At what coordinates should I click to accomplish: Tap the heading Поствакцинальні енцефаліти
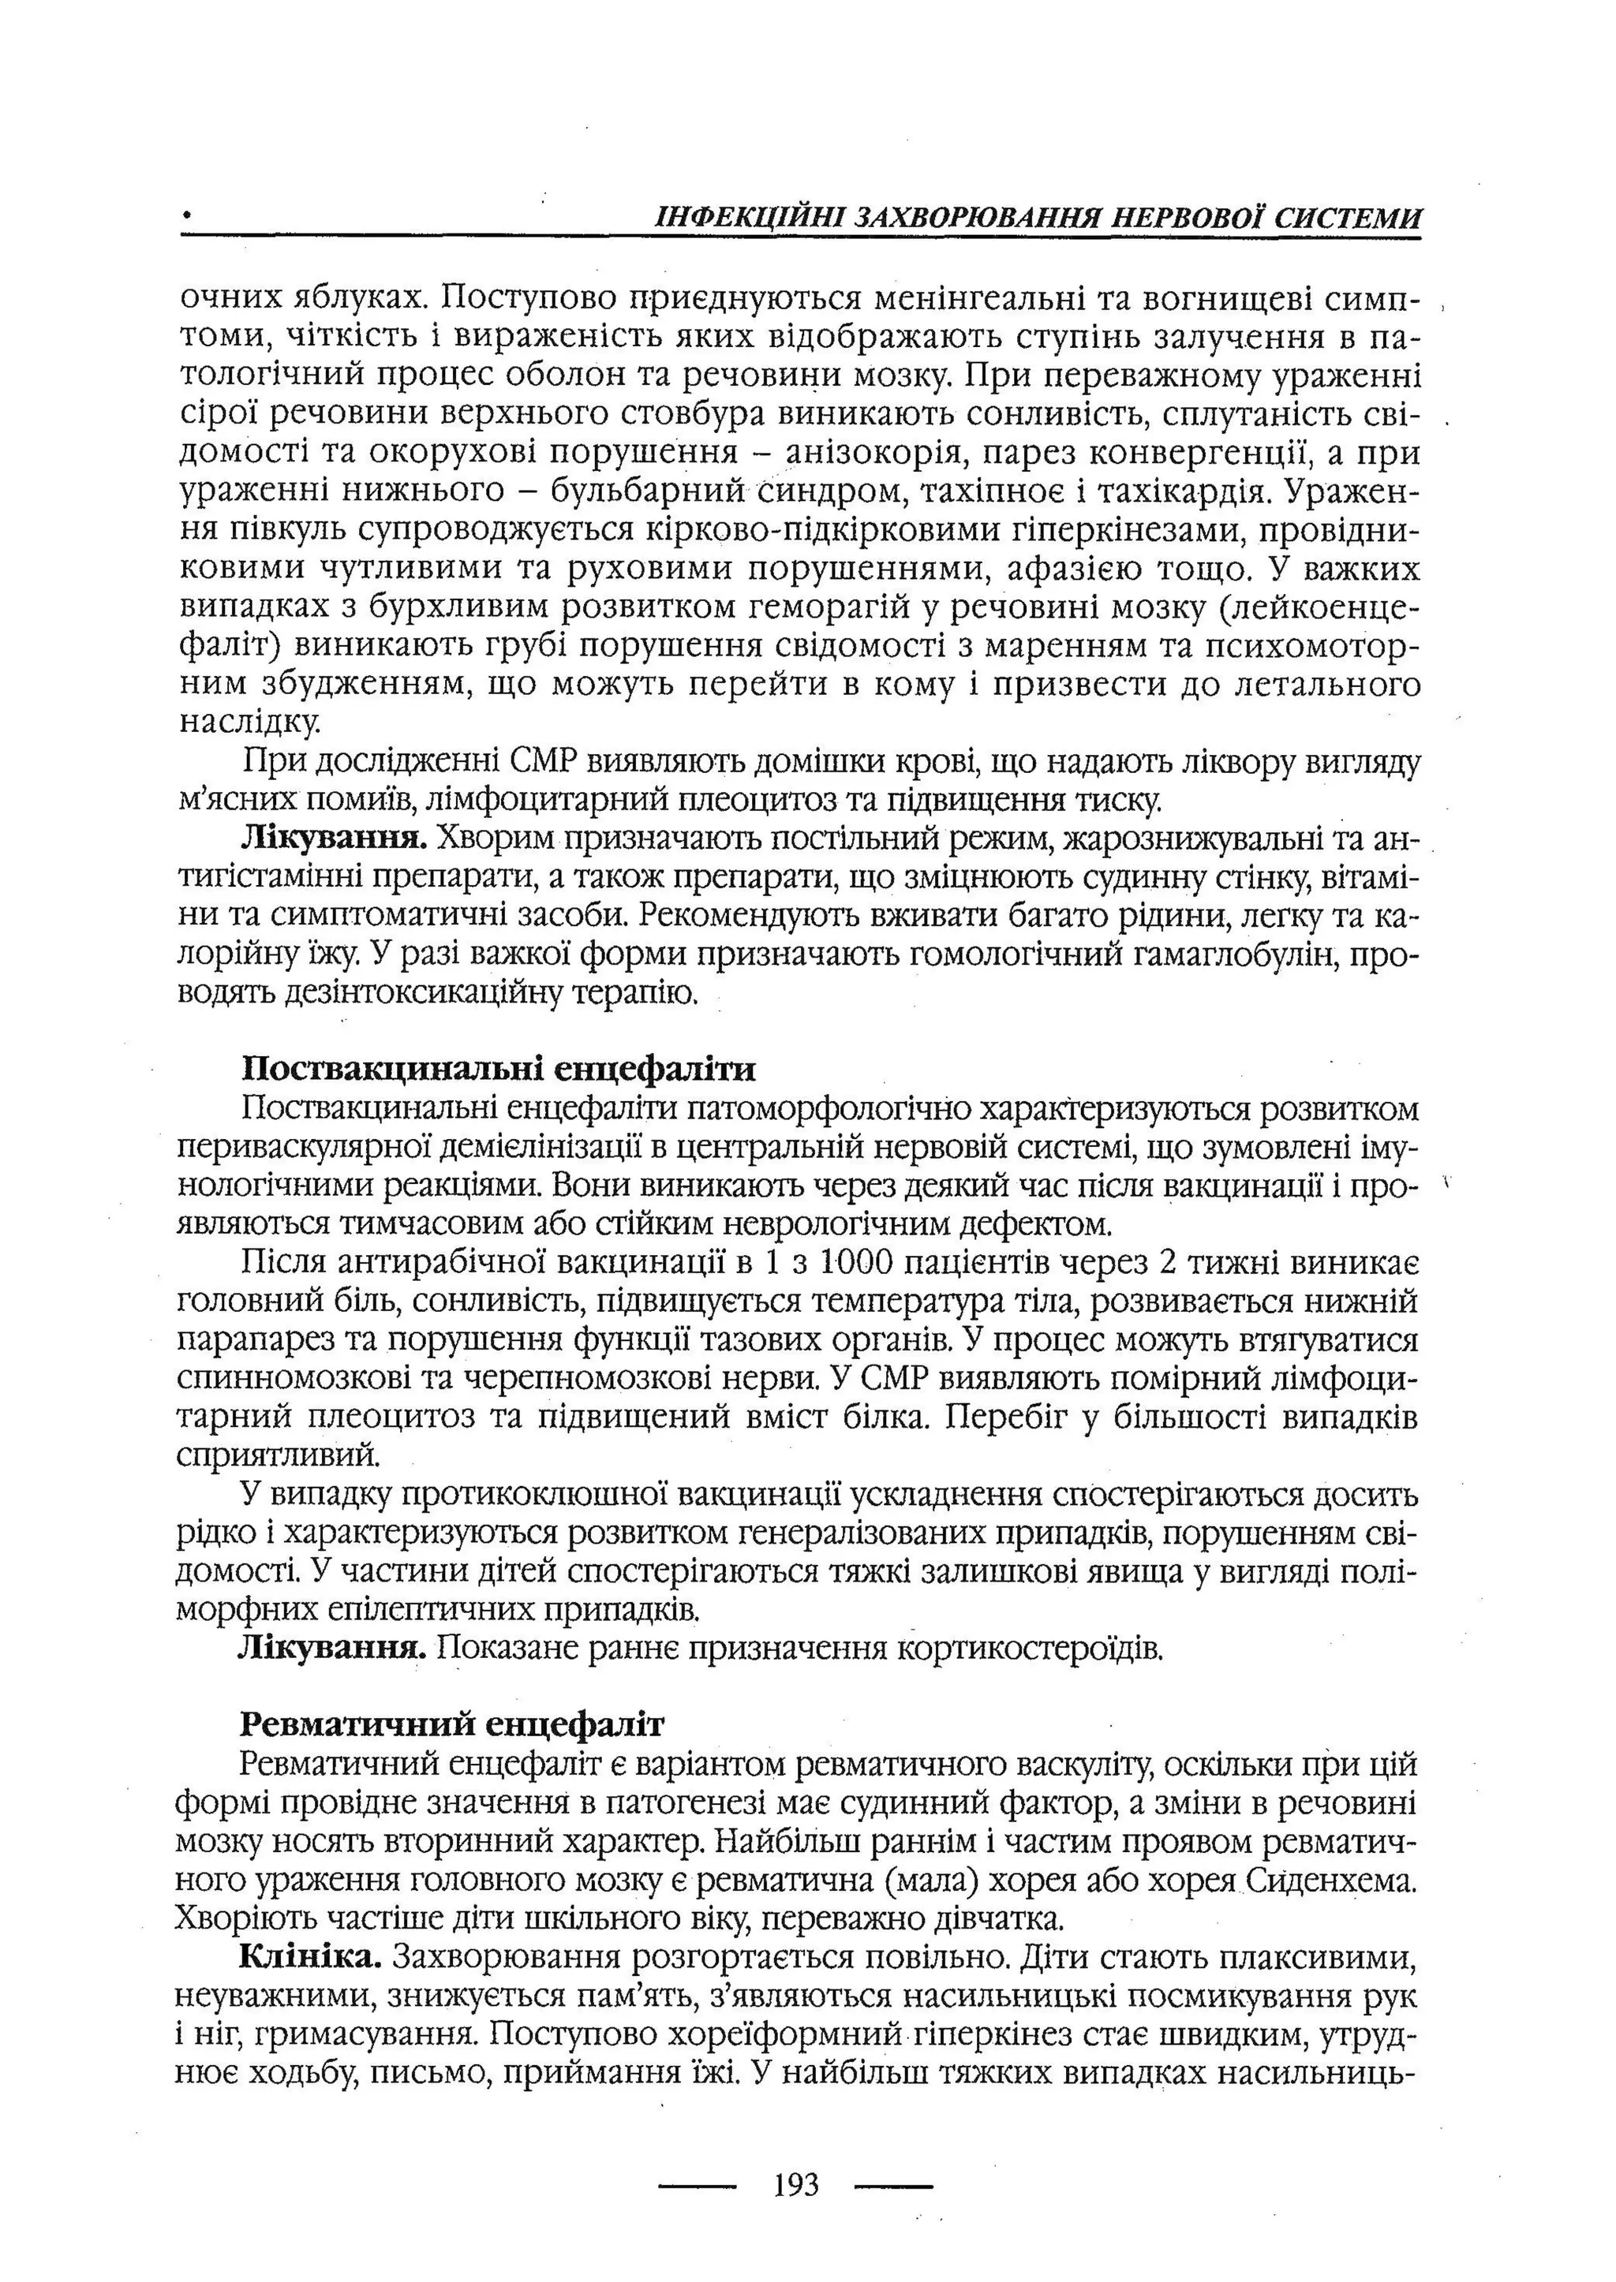tap(499, 1070)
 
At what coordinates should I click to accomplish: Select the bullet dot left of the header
tap(185, 215)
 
